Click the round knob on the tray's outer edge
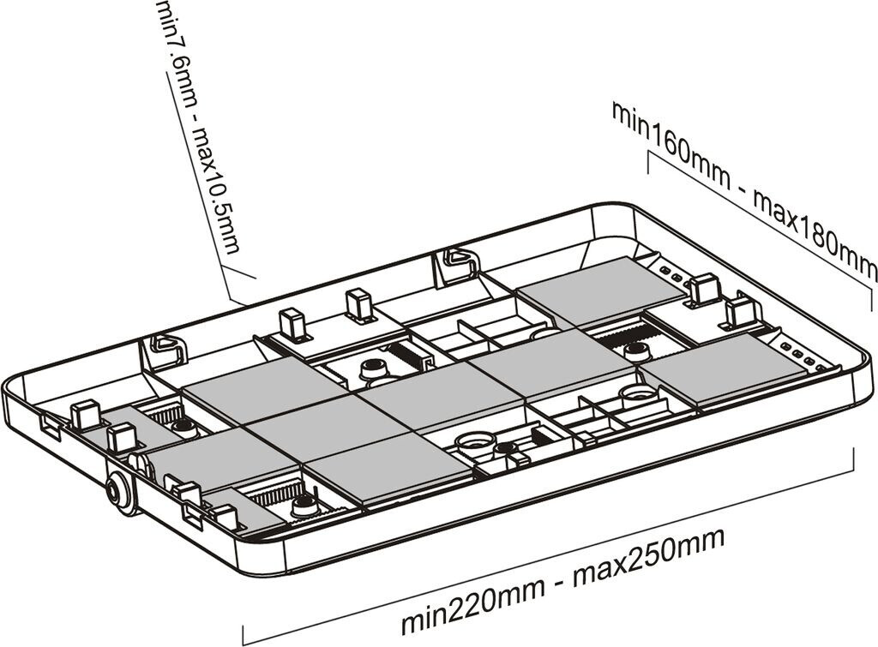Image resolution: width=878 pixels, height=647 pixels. point(119,494)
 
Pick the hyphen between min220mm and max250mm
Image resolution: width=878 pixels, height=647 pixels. point(560,576)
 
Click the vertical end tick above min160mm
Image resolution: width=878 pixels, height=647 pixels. point(648,161)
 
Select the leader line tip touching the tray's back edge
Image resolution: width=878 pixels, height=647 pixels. point(233,300)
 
